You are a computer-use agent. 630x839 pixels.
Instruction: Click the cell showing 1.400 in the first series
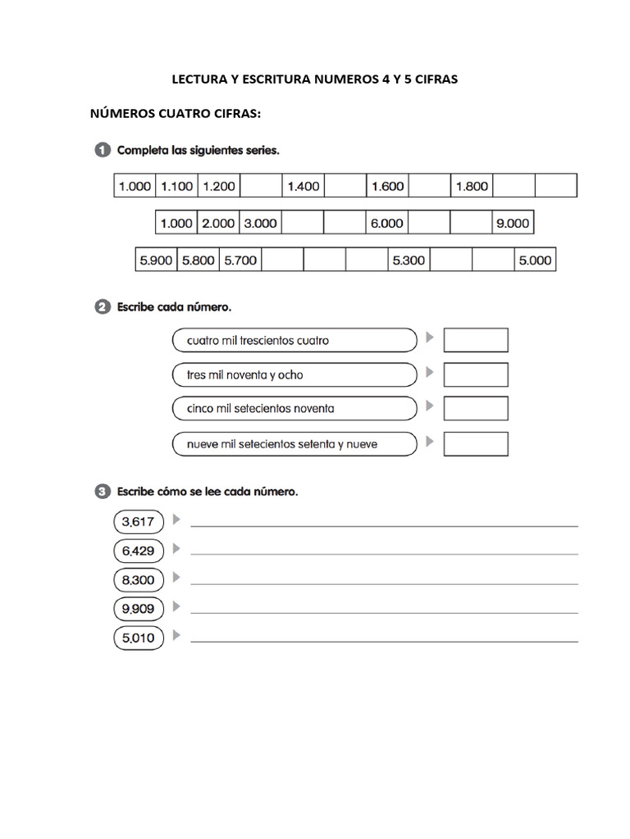coord(304,186)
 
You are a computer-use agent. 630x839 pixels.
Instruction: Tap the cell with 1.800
coord(472,186)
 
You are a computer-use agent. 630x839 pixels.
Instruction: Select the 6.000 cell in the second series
coord(387,223)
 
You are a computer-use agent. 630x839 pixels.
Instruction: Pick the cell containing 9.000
coord(513,223)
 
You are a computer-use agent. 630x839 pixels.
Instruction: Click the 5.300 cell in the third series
coord(409,261)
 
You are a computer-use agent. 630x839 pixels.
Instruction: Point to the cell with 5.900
coord(156,261)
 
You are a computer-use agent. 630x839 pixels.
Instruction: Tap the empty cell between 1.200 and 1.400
coord(262,186)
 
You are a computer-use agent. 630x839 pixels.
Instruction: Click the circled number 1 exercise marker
coord(102,151)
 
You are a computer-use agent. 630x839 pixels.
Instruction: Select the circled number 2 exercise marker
coord(102,308)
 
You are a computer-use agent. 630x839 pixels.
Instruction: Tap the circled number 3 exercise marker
coord(102,492)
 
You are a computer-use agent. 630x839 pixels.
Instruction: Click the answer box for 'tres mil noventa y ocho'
coord(476,375)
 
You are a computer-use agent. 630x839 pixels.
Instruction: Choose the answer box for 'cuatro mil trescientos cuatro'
coord(476,340)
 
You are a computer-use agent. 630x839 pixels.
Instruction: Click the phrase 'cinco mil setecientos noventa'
coord(261,409)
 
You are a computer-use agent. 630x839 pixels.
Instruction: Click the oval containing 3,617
coord(139,521)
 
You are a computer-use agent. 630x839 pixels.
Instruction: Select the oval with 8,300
coord(139,580)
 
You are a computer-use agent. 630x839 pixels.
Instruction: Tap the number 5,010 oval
coord(139,637)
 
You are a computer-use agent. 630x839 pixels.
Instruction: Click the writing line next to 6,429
coord(384,554)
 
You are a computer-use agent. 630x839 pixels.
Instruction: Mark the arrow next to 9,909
coord(176,607)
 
